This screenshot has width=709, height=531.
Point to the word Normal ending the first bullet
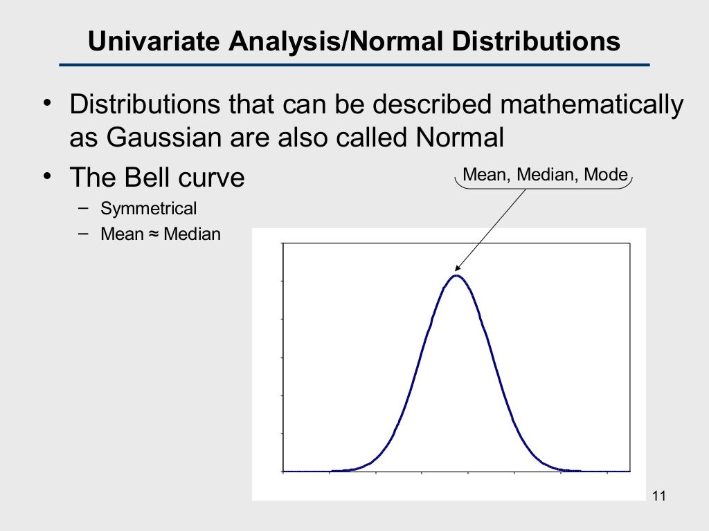pos(459,138)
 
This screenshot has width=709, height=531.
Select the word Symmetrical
pos(149,208)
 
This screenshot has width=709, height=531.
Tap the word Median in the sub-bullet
pos(192,234)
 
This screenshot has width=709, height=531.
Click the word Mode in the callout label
pos(606,175)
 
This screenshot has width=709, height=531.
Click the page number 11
pos(658,496)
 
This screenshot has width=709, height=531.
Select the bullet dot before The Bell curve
pos(46,177)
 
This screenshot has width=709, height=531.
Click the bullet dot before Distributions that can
pos(46,104)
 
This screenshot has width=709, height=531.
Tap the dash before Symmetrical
pos(84,207)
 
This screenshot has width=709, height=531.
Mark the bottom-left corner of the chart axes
pos(283,472)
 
